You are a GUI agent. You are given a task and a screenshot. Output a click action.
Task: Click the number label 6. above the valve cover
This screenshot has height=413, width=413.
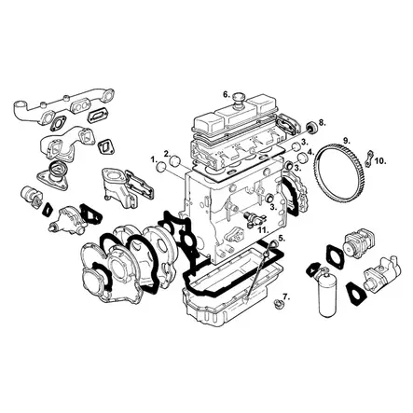coord(227,93)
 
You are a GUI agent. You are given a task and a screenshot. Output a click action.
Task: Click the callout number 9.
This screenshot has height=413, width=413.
coord(345,141)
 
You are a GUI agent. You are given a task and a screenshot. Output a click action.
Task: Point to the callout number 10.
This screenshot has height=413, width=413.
coord(379,160)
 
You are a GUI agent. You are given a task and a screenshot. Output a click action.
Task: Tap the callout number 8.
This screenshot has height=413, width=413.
coord(322,122)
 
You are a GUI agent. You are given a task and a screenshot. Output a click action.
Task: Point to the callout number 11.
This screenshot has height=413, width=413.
coord(264,228)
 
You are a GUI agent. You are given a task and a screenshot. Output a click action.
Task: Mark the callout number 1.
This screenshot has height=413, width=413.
coord(153,159)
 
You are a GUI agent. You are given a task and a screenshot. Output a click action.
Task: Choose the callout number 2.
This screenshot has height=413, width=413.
coord(167,154)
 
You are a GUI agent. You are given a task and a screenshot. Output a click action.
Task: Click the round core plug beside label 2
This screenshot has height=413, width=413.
coord(173,167)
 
